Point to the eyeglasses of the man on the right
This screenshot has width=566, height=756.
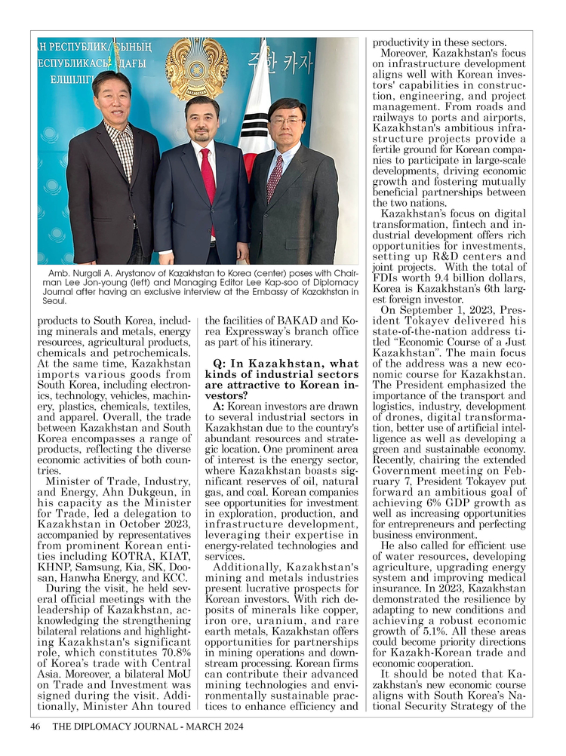pyautogui.click(x=286, y=121)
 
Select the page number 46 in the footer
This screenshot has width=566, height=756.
pyautogui.click(x=35, y=727)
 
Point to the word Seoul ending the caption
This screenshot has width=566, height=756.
pyautogui.click(x=55, y=300)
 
